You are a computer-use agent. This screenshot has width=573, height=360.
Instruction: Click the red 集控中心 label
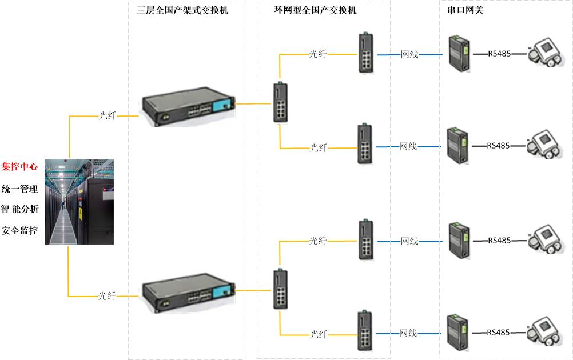point(20,166)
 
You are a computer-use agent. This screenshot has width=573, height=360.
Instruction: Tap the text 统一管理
point(20,189)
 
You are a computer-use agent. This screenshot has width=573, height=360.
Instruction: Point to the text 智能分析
point(20,209)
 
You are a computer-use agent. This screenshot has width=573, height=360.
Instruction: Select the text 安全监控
point(20,230)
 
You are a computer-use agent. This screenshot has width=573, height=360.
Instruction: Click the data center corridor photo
point(79,202)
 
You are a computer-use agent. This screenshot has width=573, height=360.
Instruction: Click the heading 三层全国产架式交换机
point(182,10)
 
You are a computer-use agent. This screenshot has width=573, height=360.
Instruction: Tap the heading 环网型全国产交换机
point(315,10)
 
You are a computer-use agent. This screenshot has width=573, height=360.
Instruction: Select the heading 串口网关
point(465,10)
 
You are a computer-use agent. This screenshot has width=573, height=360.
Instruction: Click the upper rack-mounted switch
point(188,106)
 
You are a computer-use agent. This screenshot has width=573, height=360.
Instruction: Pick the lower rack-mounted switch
point(188,293)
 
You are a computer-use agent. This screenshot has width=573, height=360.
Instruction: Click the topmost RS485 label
point(499,54)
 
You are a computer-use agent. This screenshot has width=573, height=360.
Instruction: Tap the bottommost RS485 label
point(498,332)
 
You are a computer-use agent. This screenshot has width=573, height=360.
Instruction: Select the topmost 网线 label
point(409,54)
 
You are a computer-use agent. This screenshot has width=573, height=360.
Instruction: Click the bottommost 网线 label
point(408,333)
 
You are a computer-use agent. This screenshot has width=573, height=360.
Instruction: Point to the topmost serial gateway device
point(459,53)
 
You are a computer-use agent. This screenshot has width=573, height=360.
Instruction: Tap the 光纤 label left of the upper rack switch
point(108,116)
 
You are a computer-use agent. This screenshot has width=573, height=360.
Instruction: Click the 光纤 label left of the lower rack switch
point(107,296)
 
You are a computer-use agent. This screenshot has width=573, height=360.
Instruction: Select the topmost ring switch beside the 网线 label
point(366,53)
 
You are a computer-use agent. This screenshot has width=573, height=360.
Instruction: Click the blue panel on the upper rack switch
point(222,106)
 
